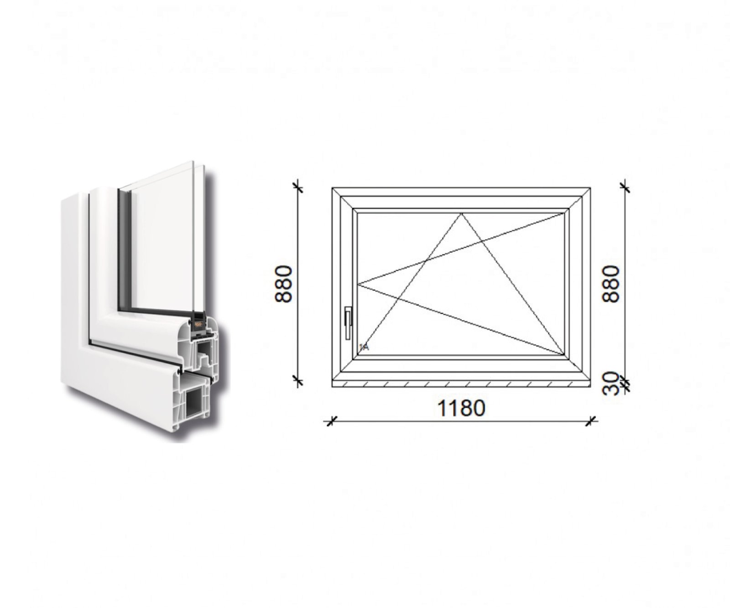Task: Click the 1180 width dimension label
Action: click(x=461, y=408)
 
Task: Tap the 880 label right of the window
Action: click(x=611, y=284)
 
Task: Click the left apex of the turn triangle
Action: click(x=358, y=284)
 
